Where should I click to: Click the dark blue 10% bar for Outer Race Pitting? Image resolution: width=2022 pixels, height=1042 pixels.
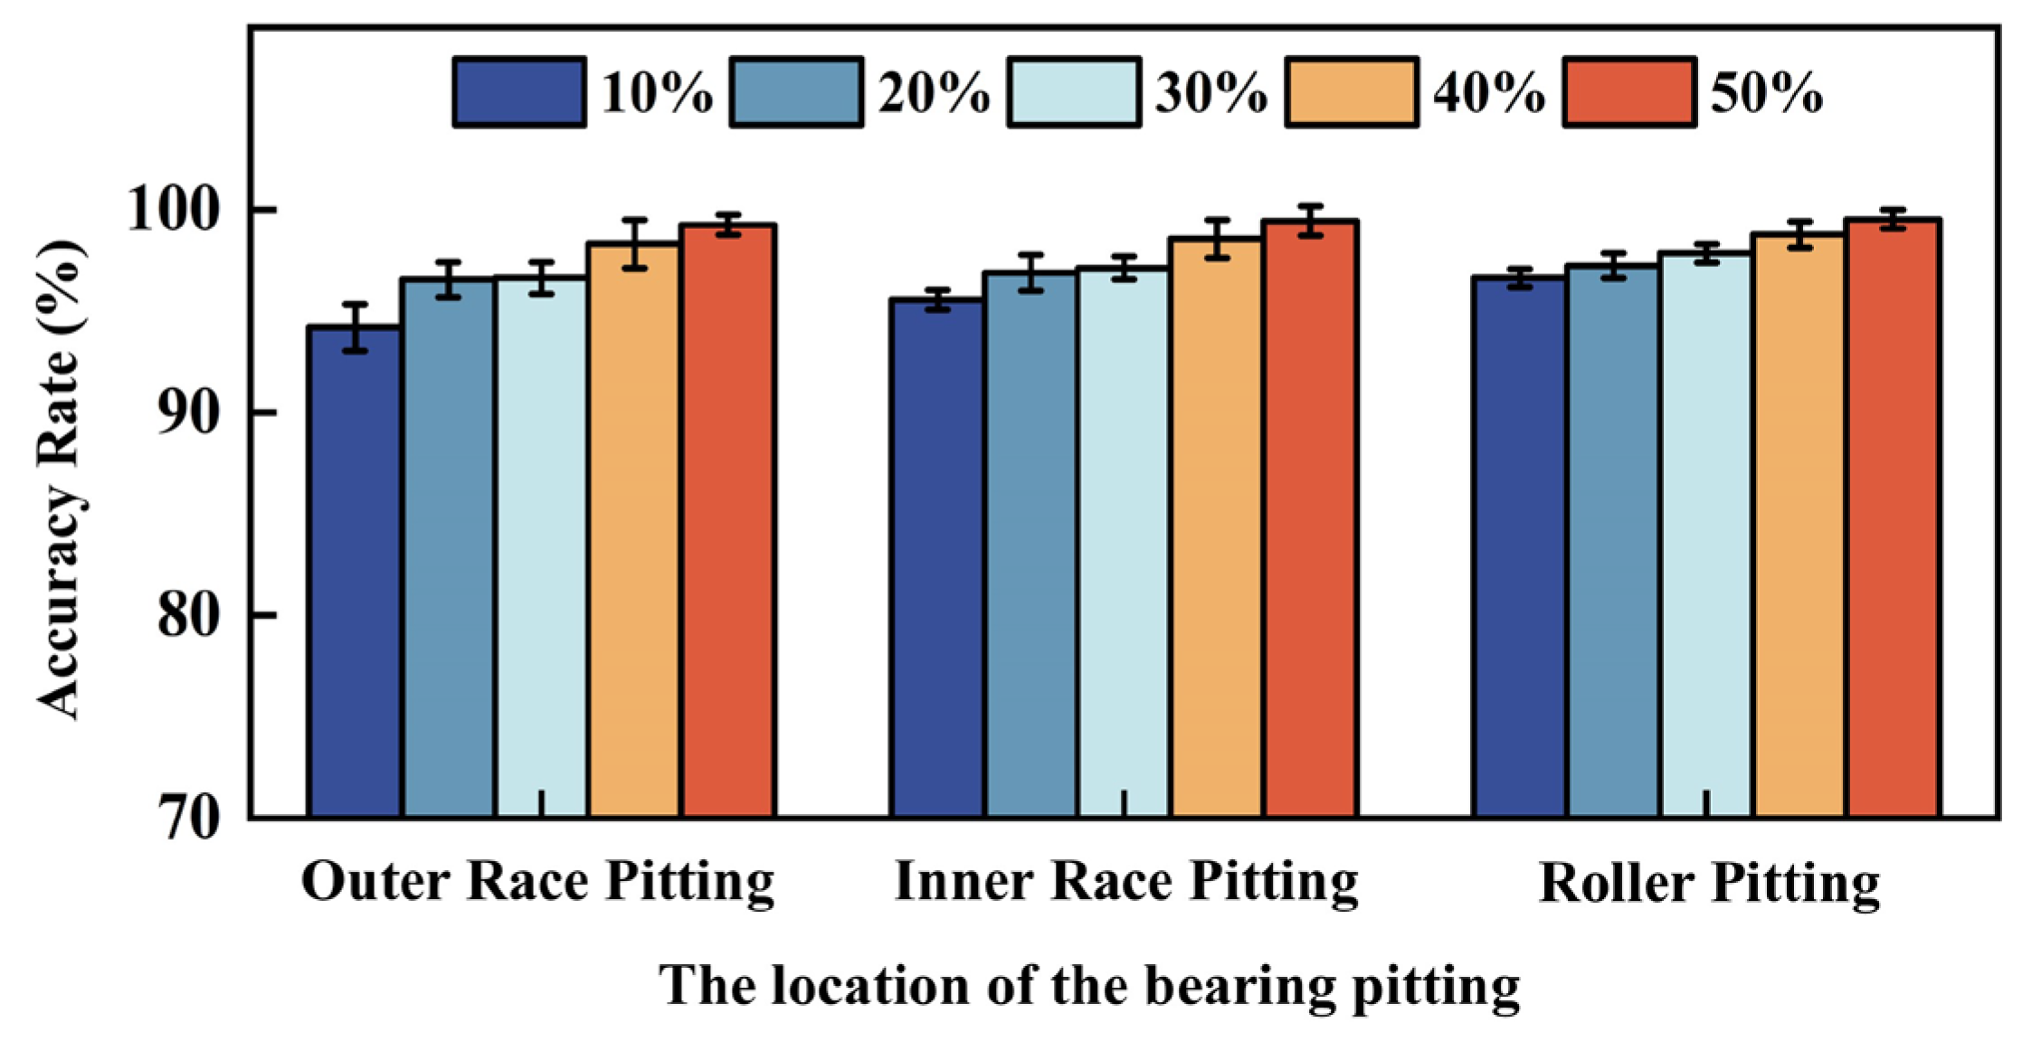point(356,572)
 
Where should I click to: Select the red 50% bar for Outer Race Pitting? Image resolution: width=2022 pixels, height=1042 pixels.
point(728,521)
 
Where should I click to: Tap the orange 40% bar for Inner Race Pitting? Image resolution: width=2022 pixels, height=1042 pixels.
point(1218,528)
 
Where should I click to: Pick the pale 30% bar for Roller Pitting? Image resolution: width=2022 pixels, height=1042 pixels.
point(1706,535)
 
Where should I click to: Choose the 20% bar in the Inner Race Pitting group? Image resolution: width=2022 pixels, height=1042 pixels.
point(1030,545)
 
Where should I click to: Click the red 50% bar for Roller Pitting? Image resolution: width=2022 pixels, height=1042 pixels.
point(1894,518)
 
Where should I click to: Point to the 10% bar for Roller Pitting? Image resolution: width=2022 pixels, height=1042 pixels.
point(1520,547)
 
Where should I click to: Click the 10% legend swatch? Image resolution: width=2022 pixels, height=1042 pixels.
point(519,92)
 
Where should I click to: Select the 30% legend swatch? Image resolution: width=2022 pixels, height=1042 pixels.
point(1074,92)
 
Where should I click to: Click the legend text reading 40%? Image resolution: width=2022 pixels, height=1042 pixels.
point(1489,93)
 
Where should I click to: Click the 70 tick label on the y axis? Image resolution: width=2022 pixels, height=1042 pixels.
point(189,818)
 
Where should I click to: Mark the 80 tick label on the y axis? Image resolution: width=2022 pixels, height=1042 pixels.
point(189,615)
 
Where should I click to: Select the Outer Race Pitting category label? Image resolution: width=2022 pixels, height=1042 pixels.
point(537,883)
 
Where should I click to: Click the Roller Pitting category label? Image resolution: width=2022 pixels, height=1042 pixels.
point(1709,884)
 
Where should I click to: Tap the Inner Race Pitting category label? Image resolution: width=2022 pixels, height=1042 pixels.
point(1126,883)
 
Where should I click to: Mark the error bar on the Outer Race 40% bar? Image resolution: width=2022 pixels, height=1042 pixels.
point(635,244)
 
